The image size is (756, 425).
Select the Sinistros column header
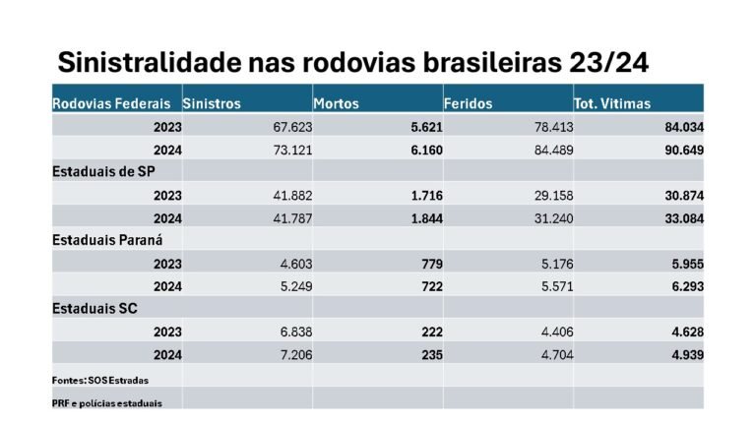[212, 103]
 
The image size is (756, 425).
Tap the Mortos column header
[336, 103]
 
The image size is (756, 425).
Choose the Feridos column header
[469, 103]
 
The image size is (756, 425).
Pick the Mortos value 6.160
[424, 150]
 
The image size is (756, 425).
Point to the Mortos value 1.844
[424, 218]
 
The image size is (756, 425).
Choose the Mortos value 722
[430, 286]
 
